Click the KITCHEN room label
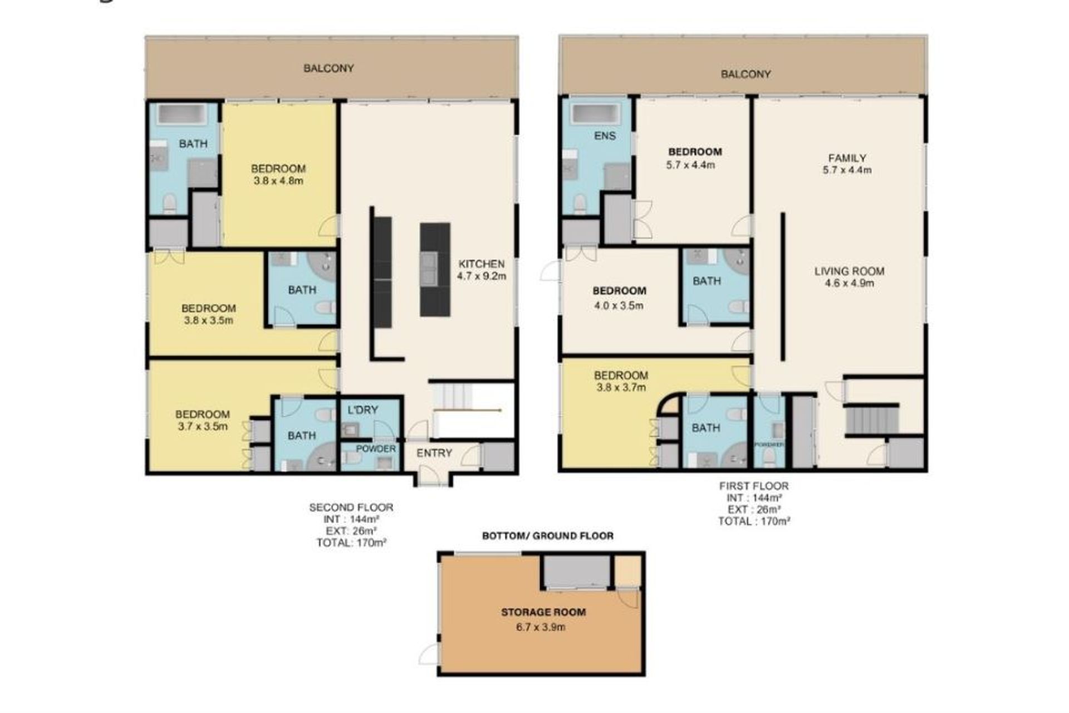[481, 263]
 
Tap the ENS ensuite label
[605, 136]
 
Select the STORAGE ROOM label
[543, 612]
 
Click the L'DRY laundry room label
[362, 410]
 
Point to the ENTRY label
[434, 453]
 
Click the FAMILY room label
[847, 158]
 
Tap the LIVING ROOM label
[849, 271]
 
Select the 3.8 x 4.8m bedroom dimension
[278, 181]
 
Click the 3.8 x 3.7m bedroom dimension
[621, 388]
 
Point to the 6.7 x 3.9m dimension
[540, 627]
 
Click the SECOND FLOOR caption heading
[351, 507]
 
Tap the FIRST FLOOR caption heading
[753, 486]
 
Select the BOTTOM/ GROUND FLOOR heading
[547, 536]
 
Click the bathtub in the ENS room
[596, 113]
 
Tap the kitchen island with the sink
[435, 270]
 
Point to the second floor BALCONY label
[328, 69]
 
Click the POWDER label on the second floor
[376, 449]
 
